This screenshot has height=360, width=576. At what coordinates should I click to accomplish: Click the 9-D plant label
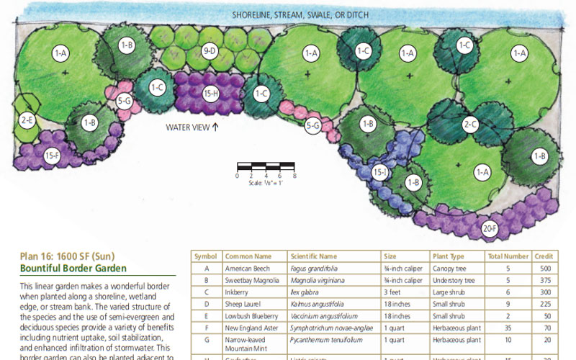tap(209, 50)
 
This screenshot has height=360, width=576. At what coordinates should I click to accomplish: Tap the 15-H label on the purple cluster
tap(210, 92)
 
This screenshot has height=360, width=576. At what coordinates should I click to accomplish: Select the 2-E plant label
tap(27, 120)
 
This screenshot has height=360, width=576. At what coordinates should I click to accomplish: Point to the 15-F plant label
tap(52, 154)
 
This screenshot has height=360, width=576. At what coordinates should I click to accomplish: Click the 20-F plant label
tap(489, 228)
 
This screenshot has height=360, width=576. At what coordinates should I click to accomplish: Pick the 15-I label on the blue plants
tap(380, 172)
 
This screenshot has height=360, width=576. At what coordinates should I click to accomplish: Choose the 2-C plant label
tap(470, 124)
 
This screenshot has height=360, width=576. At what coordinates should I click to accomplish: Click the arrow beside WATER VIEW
tap(215, 127)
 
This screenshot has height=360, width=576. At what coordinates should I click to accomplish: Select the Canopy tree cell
tap(449, 268)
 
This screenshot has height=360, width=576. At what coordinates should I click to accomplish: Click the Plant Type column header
tap(448, 256)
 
